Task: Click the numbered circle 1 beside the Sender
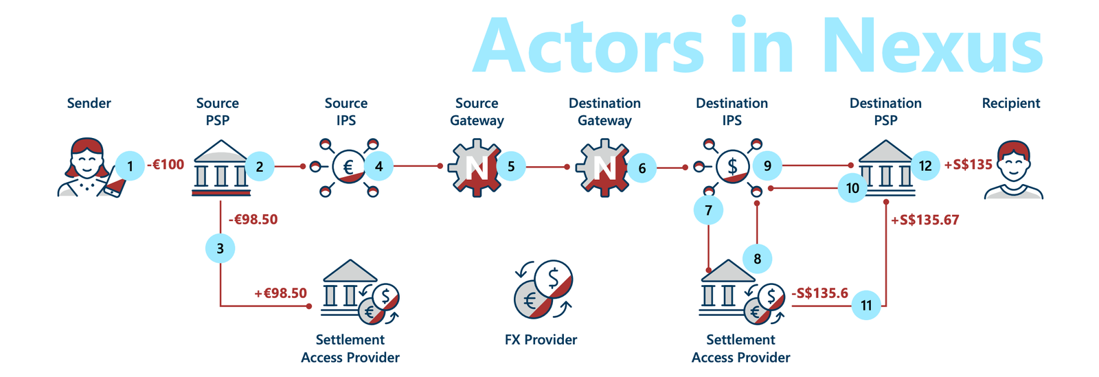click(130, 165)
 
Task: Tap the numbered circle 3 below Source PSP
click(220, 248)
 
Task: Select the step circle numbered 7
click(708, 210)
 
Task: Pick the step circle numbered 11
click(866, 305)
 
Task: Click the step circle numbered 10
click(852, 187)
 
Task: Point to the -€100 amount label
click(166, 165)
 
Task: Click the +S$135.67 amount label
click(925, 220)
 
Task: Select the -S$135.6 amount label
click(819, 293)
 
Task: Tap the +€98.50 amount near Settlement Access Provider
click(280, 293)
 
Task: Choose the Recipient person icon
click(1014, 170)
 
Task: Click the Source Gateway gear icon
click(474, 168)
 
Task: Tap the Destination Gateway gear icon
click(602, 168)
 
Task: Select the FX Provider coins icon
click(543, 290)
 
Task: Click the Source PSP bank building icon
click(220, 168)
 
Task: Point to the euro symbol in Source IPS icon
click(348, 167)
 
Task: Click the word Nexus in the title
click(932, 46)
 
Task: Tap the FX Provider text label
click(541, 340)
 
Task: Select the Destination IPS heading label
click(732, 111)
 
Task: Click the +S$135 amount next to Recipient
click(968, 165)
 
